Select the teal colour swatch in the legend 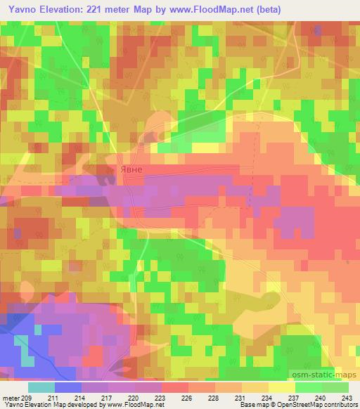coord(41,387)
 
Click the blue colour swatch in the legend coord(68,387)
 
